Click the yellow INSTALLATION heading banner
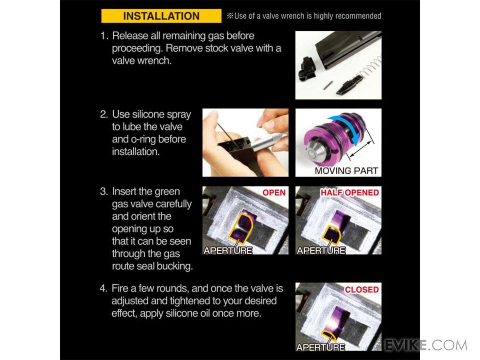coord(161,16)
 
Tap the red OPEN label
coord(274,192)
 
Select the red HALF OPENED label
coord(350,192)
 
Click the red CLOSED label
coord(362,289)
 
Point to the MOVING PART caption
coord(346,171)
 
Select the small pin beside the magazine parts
coord(328,85)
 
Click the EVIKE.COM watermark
coord(426,345)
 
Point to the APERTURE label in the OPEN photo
coord(228,250)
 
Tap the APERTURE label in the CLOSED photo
coord(320,347)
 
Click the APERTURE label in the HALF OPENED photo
coord(321,250)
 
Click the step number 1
coord(104,36)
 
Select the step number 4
coord(103,288)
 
